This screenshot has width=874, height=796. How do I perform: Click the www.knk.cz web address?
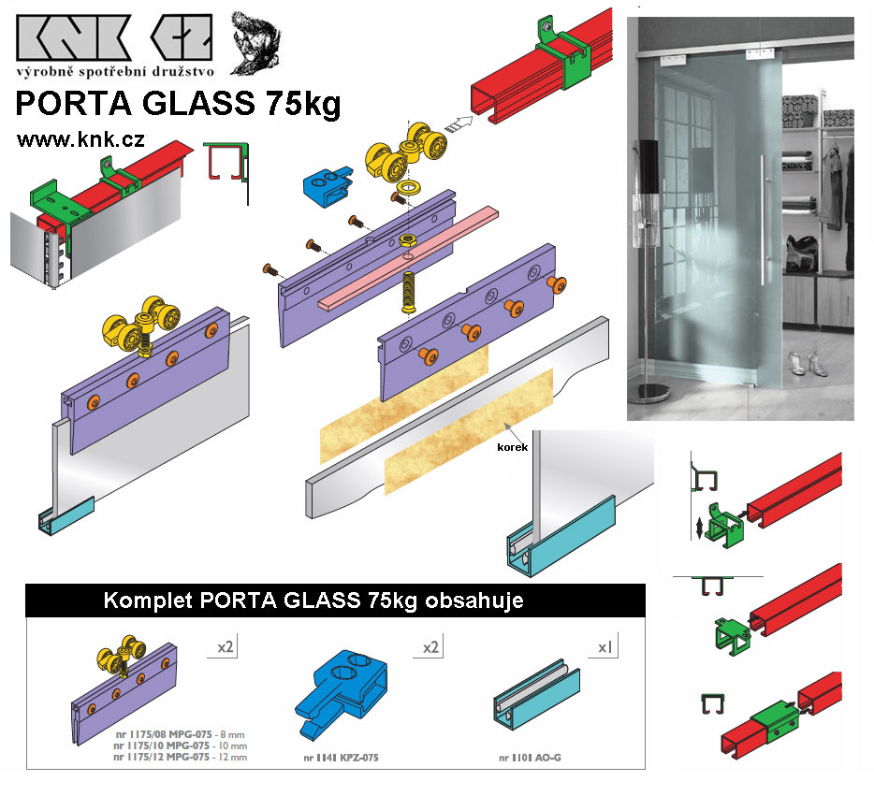80,139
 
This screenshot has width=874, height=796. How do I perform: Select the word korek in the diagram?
512,447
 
